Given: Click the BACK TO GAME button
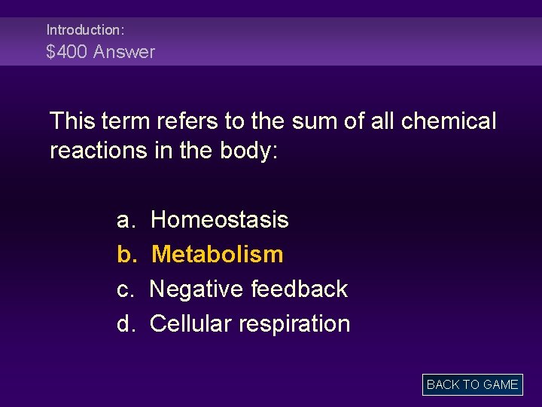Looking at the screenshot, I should tap(472, 384).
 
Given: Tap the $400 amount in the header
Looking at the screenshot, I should tap(67, 52).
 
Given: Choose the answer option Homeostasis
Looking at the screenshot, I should tap(219, 220).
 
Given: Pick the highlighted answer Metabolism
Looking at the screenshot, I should tap(217, 255).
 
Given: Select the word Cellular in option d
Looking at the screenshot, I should tap(190, 324).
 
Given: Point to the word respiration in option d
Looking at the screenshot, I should tap(294, 324).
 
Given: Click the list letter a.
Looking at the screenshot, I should tap(125, 220).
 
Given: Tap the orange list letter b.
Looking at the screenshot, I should tap(125, 255).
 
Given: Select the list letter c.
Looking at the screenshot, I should tap(125, 289).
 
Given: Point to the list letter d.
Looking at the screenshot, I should tap(125, 324).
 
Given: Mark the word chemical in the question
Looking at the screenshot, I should tap(452, 121).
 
